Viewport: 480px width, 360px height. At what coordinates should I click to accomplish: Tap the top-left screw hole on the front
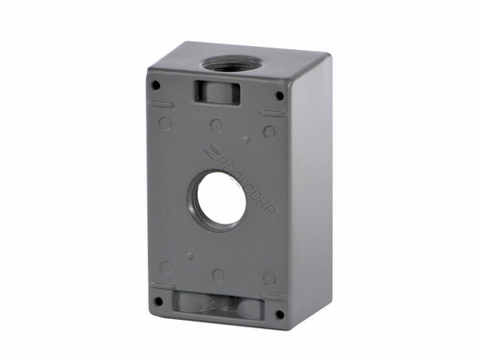pos(155,84)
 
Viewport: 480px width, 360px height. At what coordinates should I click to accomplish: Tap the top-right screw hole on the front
pos(279,95)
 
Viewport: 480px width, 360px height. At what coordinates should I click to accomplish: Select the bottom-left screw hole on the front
pos(156,299)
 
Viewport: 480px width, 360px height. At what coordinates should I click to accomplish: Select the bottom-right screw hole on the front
pos(279,314)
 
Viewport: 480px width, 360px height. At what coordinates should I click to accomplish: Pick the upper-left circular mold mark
pos(165,123)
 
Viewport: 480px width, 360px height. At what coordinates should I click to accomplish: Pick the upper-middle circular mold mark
pos(216,126)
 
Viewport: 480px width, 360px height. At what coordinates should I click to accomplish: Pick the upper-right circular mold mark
pos(270,132)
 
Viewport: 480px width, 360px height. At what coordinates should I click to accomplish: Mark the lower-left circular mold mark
pos(166,268)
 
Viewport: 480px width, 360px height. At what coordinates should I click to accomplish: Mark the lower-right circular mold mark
pos(270,279)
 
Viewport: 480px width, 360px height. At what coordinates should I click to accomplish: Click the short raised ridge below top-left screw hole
pos(162,104)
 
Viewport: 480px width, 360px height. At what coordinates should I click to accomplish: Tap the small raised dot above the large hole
pos(246,140)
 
